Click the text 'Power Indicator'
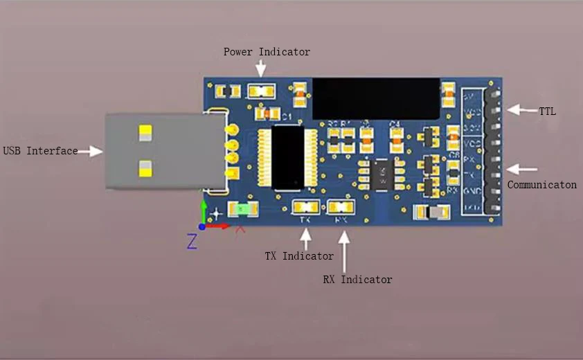pyautogui.click(x=267, y=52)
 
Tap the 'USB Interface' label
pyautogui.click(x=40, y=151)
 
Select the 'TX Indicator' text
pyautogui.click(x=299, y=256)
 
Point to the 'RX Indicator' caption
pyautogui.click(x=357, y=280)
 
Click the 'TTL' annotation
pyautogui.click(x=547, y=111)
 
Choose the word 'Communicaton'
pyautogui.click(x=541, y=185)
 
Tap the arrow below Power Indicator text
pyautogui.click(x=260, y=69)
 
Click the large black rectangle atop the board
pyautogui.click(x=376, y=98)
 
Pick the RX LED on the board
pyautogui.click(x=341, y=206)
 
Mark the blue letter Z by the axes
pyautogui.click(x=192, y=241)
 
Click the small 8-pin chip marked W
pyautogui.click(x=380, y=173)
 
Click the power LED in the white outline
pyautogui.click(x=262, y=91)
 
